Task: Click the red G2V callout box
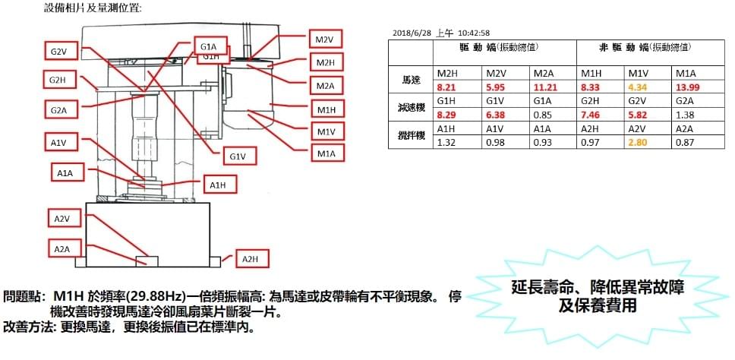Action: (x=58, y=52)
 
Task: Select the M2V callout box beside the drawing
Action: (x=324, y=39)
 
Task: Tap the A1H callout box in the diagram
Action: (x=217, y=185)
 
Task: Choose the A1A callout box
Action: (x=65, y=174)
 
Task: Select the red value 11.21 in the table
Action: (x=544, y=88)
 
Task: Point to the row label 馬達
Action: (x=411, y=80)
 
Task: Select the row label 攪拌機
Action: (x=411, y=134)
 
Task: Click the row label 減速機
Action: (x=411, y=107)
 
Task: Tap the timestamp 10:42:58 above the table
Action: (x=474, y=33)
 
